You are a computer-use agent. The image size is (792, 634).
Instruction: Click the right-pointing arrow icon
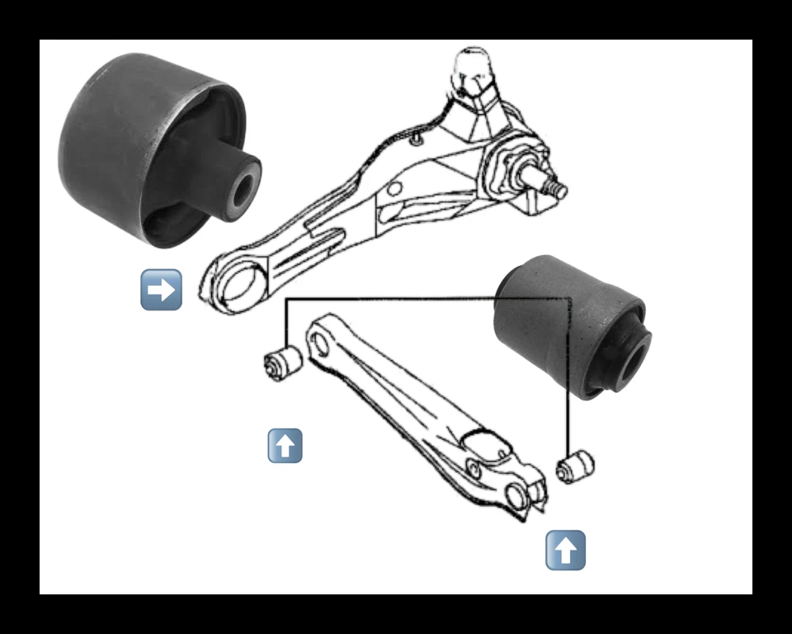tap(161, 289)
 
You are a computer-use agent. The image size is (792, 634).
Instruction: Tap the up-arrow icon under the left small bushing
tap(285, 446)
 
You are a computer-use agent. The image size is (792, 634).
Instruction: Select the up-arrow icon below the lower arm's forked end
tap(565, 550)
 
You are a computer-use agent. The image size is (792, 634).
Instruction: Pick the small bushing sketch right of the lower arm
tap(575, 466)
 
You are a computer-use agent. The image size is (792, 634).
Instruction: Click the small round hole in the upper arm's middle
tap(395, 189)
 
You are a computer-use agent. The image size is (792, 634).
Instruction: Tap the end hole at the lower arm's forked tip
tap(518, 498)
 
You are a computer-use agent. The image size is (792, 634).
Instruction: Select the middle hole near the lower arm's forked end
tap(474, 470)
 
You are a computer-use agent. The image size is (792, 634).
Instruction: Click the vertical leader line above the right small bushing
tap(569, 371)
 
